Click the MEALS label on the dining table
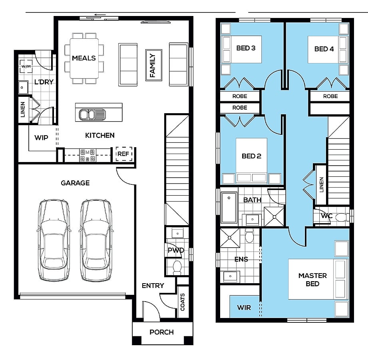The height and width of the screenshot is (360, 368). pos(84,58)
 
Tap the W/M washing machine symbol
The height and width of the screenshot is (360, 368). pos(26,66)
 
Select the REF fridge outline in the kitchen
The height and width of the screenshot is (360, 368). pos(124,154)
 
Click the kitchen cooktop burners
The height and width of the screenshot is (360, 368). pos(88,155)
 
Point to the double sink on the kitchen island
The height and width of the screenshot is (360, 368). pos(92,115)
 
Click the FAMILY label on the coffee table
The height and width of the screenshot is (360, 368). pos(153,66)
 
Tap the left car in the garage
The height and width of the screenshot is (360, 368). pos(54,240)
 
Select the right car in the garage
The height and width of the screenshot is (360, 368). pos(96,240)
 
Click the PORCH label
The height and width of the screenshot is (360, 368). pos(162,332)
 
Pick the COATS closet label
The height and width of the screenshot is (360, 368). pos(183,302)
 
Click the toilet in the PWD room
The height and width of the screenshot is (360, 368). pos(177,268)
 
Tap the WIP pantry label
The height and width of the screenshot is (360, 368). pos(41,138)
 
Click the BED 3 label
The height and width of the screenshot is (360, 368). pos(246,48)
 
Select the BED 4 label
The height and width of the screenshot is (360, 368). pos(324,49)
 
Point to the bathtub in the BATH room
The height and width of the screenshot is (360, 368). pos(229,208)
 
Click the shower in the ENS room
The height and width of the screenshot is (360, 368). pos(230,238)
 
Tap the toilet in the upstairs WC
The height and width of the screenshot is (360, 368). pos(343,217)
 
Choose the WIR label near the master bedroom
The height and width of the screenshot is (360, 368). pos(244,308)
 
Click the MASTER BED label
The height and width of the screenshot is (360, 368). pos(312,280)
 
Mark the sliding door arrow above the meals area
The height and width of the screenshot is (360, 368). pos(100,15)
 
